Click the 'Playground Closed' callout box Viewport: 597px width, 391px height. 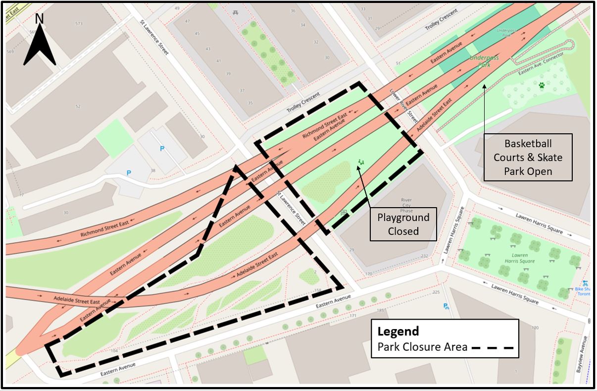[x=403, y=224]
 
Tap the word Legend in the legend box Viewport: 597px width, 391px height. [x=398, y=331]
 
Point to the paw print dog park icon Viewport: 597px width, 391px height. [x=542, y=85]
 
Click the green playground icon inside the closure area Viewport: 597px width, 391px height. [x=361, y=162]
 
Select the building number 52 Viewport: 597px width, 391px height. [x=78, y=107]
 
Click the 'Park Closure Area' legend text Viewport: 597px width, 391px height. [x=422, y=347]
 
